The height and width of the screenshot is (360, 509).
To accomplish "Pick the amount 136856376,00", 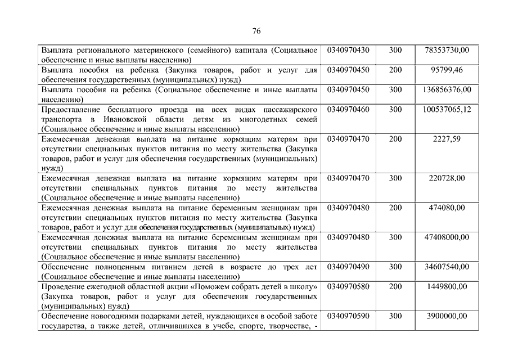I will tap(447, 89).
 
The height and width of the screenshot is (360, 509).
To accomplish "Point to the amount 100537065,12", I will tap(447, 109).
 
